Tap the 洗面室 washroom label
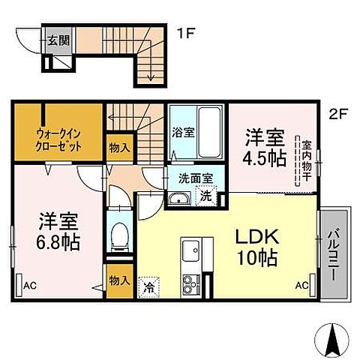pyautogui.click(x=195, y=179)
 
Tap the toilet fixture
pyautogui.click(x=118, y=235)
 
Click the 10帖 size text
pyautogui.click(x=259, y=259)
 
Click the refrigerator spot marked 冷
pyautogui.click(x=150, y=286)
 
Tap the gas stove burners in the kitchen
pyautogui.click(x=187, y=283)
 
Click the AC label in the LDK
pyautogui.click(x=302, y=286)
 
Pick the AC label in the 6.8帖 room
pyautogui.click(x=29, y=286)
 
